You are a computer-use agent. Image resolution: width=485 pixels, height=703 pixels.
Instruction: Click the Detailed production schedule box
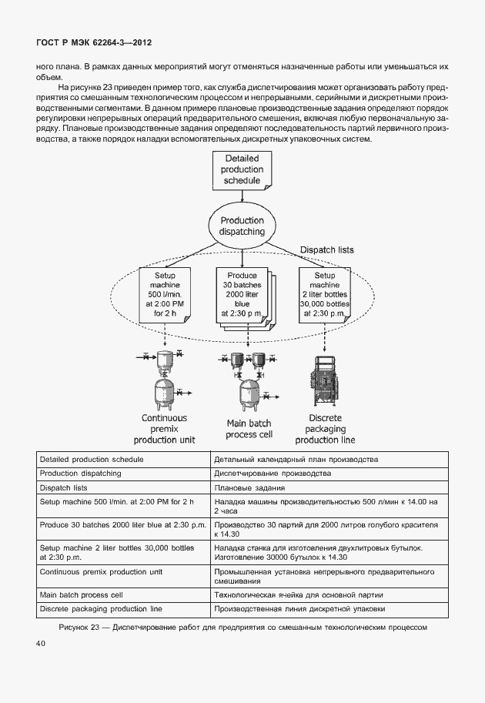point(242,170)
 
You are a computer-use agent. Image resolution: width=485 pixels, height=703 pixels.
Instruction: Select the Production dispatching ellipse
point(242,226)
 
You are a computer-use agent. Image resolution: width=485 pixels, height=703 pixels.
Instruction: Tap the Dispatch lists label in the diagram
point(326,250)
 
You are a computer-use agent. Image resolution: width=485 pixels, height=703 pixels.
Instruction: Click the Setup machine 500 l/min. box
point(165,295)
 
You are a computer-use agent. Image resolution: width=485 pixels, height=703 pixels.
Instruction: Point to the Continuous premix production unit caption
point(164,429)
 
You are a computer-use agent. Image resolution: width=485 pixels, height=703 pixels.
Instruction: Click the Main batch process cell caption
point(246,429)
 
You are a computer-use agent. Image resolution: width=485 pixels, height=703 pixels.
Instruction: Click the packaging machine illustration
point(325,381)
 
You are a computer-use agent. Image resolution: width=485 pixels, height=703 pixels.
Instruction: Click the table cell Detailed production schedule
point(92,459)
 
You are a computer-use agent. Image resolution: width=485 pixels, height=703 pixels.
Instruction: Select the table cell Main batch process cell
point(81,595)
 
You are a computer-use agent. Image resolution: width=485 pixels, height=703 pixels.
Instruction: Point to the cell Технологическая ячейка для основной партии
point(298,595)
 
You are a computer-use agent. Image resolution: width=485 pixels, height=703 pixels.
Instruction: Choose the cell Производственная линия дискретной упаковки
point(299,609)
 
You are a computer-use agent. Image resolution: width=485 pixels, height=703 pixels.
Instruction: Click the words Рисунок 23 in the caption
point(80,627)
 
